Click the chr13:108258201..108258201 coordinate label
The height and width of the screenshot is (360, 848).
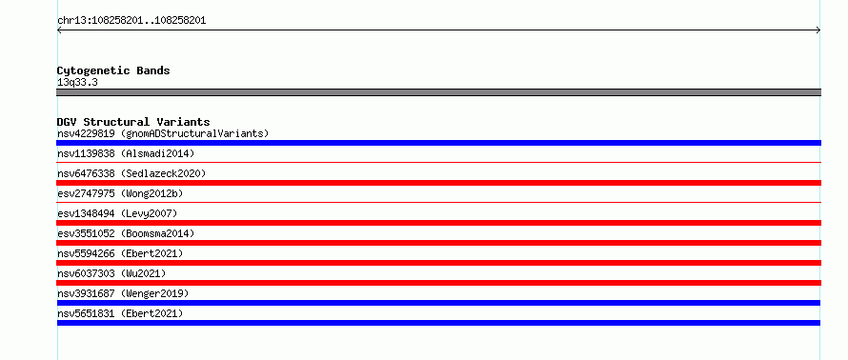click(131, 21)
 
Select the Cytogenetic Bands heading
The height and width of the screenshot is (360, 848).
click(113, 70)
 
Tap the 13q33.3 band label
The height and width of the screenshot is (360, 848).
click(77, 83)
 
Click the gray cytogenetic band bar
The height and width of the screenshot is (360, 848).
click(438, 92)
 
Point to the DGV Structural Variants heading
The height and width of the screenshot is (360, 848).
click(133, 122)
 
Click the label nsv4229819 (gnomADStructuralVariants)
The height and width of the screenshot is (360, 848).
click(163, 133)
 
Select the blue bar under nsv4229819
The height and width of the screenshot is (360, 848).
click(438, 143)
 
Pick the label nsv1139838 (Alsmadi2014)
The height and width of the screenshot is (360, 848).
click(126, 153)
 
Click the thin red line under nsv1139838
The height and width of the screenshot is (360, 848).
click(438, 162)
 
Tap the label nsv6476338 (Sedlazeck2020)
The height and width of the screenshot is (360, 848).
click(131, 173)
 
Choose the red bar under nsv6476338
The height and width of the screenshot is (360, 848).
click(438, 183)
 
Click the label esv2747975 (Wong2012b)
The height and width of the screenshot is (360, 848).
click(123, 193)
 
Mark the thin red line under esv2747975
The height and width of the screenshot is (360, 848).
click(438, 202)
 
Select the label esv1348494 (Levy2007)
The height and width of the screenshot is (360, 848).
click(117, 213)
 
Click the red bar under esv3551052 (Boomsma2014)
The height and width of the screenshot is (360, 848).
click(438, 243)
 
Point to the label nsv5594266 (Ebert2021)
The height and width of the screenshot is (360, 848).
click(120, 253)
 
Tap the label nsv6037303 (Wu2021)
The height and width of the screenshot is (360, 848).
click(111, 273)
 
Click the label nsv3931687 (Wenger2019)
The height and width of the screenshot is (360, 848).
click(123, 293)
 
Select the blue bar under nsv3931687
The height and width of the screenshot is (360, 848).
click(438, 303)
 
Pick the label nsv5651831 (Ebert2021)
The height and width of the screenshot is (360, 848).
click(120, 313)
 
